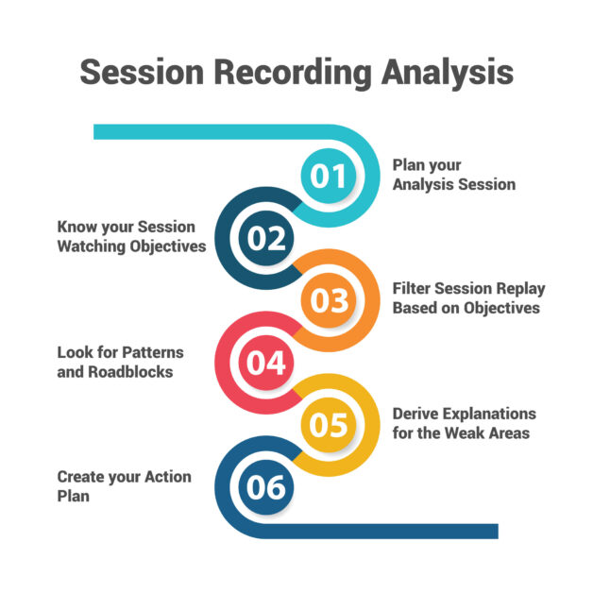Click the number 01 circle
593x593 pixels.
point(330,177)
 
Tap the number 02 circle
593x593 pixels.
point(267,238)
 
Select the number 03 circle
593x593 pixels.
point(330,300)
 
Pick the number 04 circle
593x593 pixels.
point(267,363)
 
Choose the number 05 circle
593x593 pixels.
point(330,425)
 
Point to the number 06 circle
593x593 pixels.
point(267,487)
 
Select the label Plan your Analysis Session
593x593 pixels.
point(453,175)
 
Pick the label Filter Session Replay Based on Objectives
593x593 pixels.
point(468,298)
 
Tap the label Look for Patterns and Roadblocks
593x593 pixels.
point(120,362)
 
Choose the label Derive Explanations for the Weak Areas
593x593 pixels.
point(464,424)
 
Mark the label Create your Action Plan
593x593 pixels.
point(124,485)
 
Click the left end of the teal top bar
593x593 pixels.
point(97,132)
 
